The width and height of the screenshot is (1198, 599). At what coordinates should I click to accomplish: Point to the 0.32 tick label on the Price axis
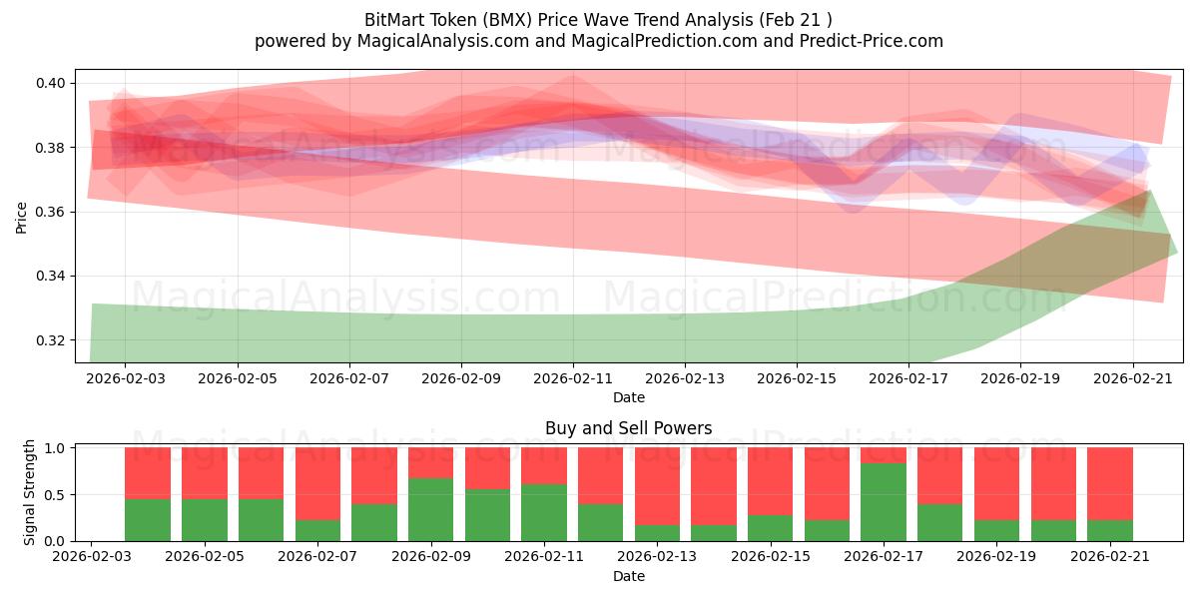tap(51, 340)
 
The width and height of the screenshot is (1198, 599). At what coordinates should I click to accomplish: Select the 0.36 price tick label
tap(51, 212)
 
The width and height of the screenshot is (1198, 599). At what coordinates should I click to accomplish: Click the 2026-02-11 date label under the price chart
tap(573, 378)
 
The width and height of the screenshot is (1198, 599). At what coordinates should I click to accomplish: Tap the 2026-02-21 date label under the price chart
tap(1133, 378)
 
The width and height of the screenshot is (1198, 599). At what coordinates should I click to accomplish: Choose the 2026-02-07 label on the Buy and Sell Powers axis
tap(317, 556)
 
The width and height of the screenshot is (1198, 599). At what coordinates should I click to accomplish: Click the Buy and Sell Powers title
tap(628, 428)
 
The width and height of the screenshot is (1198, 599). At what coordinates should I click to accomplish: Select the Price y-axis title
tap(21, 218)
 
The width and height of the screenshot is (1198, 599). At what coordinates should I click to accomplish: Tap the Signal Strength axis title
tap(29, 492)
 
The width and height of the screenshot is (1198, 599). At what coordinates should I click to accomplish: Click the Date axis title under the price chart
tap(629, 397)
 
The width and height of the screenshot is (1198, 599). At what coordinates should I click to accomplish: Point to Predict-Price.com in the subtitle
tap(872, 41)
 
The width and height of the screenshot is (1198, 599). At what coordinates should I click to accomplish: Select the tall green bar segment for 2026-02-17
tap(884, 502)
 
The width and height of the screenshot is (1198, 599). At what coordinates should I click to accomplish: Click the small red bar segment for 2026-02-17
tap(884, 455)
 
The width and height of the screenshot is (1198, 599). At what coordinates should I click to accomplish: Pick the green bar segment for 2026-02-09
tap(430, 510)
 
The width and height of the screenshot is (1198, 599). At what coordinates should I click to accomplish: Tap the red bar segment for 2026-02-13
tap(657, 486)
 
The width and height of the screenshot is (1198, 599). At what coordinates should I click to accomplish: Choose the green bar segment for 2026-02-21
tap(1110, 530)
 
